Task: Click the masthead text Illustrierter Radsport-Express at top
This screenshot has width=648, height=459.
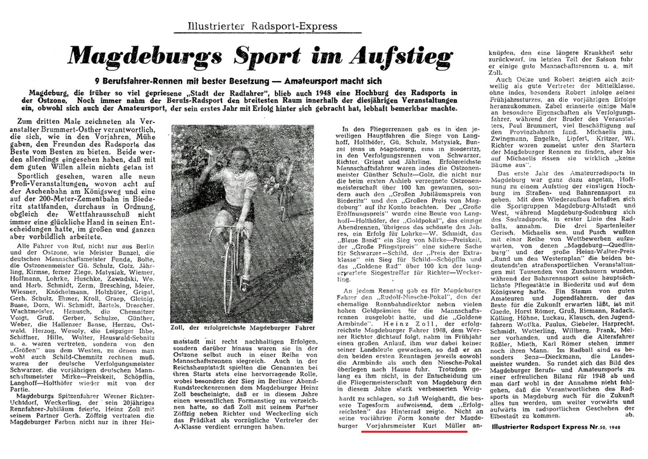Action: point(263,26)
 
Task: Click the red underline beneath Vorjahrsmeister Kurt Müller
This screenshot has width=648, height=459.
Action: point(414,434)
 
